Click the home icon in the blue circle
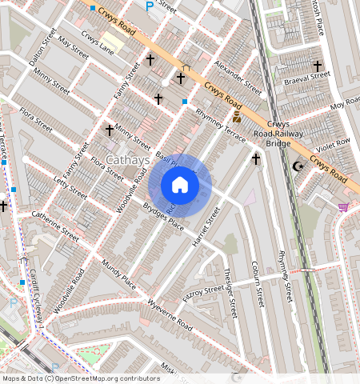pyautogui.click(x=180, y=185)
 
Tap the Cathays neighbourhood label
pyautogui.click(x=127, y=161)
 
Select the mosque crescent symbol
pyautogui.click(x=298, y=166)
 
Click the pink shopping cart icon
pyautogui.click(x=343, y=207)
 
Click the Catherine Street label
pyautogui.click(x=55, y=225)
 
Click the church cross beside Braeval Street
pyautogui.click(x=317, y=66)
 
